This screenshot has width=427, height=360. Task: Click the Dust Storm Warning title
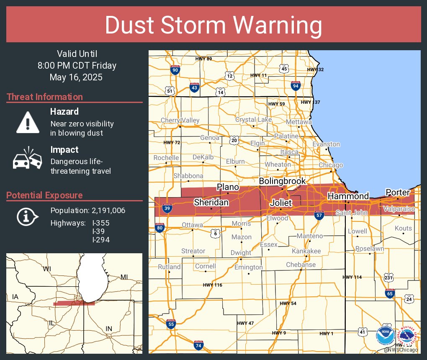tap(213, 25)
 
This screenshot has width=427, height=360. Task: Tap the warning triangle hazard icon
tap(28, 122)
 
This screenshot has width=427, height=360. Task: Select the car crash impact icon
tap(28, 159)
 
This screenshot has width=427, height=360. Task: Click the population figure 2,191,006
tap(106, 210)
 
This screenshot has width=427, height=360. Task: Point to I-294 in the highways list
tap(101, 239)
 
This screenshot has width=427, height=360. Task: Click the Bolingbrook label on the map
tap(282, 181)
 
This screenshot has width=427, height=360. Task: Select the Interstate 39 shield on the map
tap(167, 208)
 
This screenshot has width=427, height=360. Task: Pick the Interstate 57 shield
tap(319, 215)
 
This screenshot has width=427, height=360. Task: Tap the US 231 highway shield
tap(389, 277)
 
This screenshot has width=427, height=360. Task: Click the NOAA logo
tap(385, 335)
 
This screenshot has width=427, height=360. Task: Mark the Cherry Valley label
tap(180, 121)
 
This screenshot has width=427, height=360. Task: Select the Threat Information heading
tap(45, 97)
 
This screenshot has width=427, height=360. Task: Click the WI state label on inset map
tap(46, 269)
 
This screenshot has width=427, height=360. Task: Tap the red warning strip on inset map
tap(74, 303)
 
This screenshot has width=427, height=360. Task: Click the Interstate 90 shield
tap(175, 70)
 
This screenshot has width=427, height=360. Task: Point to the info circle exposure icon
tap(28, 216)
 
